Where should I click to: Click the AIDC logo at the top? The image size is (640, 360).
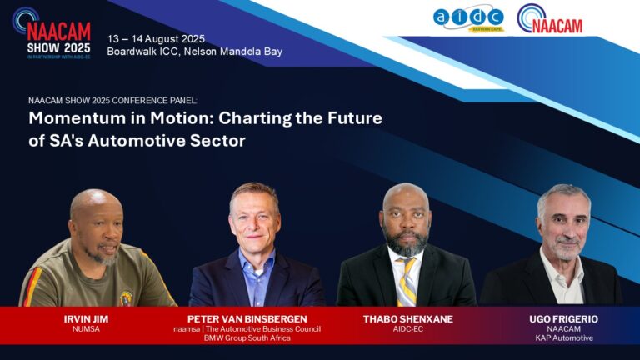468,19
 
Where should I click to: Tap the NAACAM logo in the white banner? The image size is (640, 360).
549,19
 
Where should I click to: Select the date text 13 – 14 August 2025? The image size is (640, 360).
156,39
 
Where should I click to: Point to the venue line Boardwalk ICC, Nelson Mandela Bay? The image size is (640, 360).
195,52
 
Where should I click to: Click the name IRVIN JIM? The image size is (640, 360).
86,319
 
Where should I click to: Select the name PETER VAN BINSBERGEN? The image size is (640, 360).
247,319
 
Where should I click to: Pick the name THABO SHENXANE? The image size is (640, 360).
408,319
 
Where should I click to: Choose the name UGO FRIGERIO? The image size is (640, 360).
563,319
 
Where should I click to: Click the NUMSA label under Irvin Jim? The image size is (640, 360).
86,329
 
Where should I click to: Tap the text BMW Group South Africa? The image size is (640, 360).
247,338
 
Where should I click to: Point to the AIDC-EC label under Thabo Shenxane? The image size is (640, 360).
408,329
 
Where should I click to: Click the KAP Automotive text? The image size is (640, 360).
564,338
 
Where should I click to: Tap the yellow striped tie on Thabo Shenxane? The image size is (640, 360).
407,282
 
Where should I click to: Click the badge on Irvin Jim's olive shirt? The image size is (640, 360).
126,299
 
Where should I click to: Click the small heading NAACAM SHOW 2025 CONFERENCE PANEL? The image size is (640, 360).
112,101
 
